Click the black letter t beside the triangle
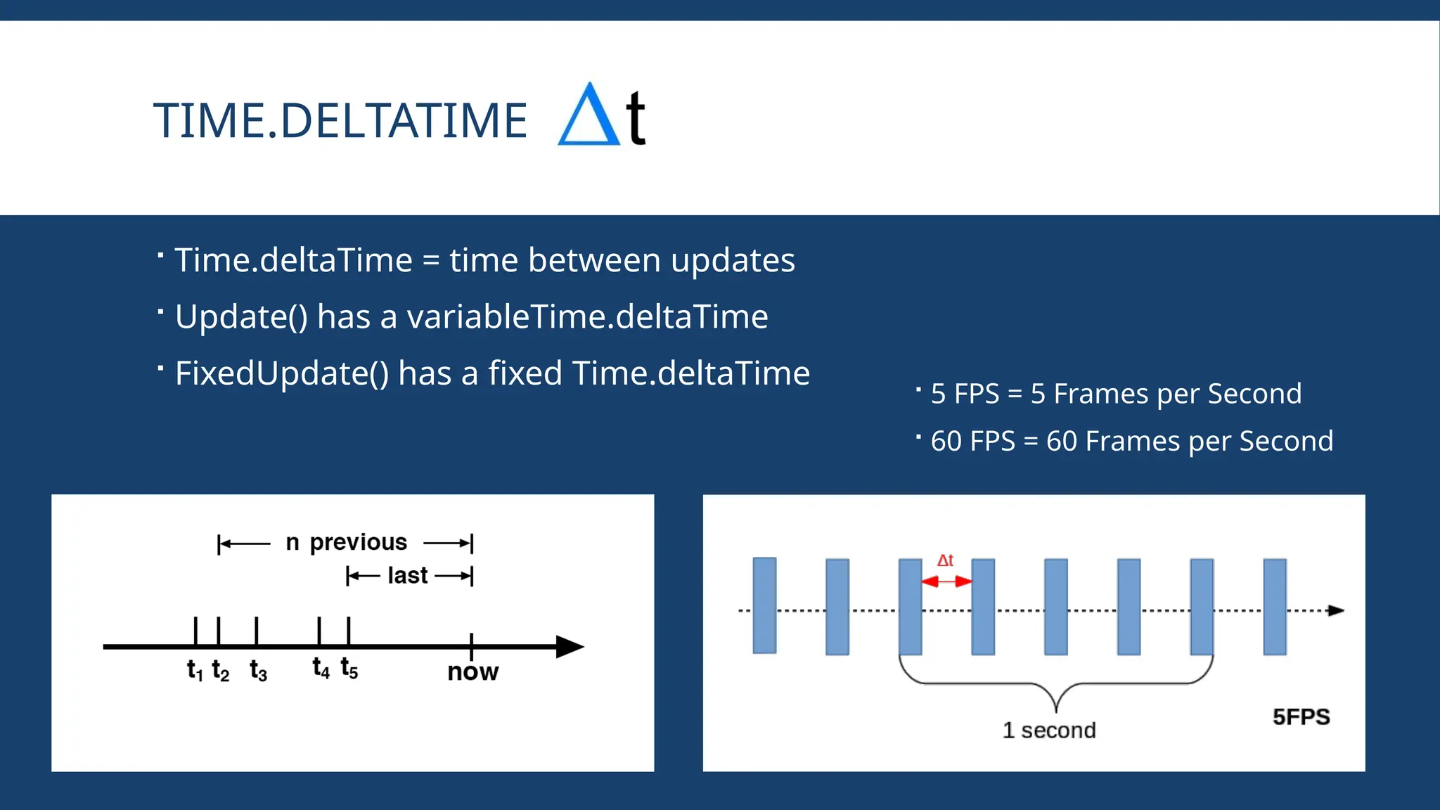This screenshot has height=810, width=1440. click(636, 118)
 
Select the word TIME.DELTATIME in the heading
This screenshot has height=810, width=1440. click(340, 121)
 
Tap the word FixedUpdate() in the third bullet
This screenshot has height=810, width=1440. click(281, 373)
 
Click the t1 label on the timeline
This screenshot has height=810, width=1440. click(195, 670)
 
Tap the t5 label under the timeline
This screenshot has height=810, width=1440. click(349, 668)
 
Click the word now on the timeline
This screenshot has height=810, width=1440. click(472, 672)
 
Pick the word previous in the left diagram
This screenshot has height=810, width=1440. click(358, 542)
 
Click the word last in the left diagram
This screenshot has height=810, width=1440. click(407, 576)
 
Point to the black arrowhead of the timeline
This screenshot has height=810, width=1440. click(570, 646)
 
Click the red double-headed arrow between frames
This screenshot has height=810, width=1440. click(946, 581)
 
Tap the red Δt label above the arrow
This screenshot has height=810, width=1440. click(945, 560)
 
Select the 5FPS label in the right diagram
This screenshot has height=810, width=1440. click(1301, 717)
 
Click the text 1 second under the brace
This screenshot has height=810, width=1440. click(1048, 731)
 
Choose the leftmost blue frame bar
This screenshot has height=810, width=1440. click(764, 605)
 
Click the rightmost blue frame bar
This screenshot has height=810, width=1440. click(1274, 607)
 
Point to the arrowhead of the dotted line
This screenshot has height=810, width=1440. click(1336, 610)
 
